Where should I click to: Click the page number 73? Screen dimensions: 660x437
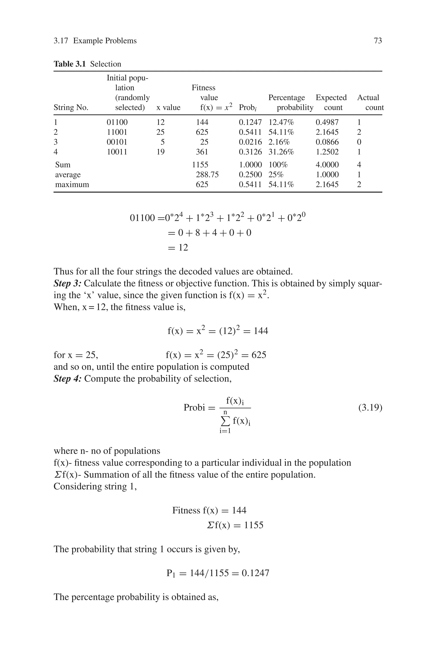(378, 41)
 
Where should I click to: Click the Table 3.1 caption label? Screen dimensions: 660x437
(70, 64)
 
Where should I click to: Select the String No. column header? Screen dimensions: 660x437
(71, 108)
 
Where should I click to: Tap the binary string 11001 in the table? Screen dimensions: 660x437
(117, 132)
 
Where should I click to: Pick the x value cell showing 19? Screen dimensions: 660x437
(160, 152)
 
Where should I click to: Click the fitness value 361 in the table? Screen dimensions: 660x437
(202, 152)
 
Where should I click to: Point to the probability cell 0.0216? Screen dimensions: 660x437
(250, 142)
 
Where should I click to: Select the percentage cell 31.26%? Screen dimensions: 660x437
(281, 152)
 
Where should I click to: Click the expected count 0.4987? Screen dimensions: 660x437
(327, 122)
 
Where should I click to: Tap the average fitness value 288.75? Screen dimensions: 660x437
(207, 175)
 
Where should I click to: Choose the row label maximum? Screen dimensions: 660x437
(72, 184)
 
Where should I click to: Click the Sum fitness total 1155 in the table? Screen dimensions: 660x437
(200, 165)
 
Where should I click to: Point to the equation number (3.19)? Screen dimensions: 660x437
(370, 408)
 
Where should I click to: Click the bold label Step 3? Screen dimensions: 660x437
(67, 283)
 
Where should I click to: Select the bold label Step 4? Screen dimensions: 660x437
(67, 379)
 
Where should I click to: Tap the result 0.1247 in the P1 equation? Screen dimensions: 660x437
(256, 573)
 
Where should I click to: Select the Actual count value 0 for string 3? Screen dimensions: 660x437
(359, 142)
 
